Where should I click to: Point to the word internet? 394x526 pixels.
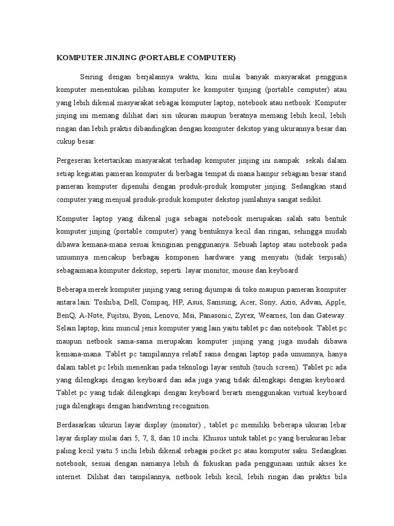[x=69, y=475]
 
